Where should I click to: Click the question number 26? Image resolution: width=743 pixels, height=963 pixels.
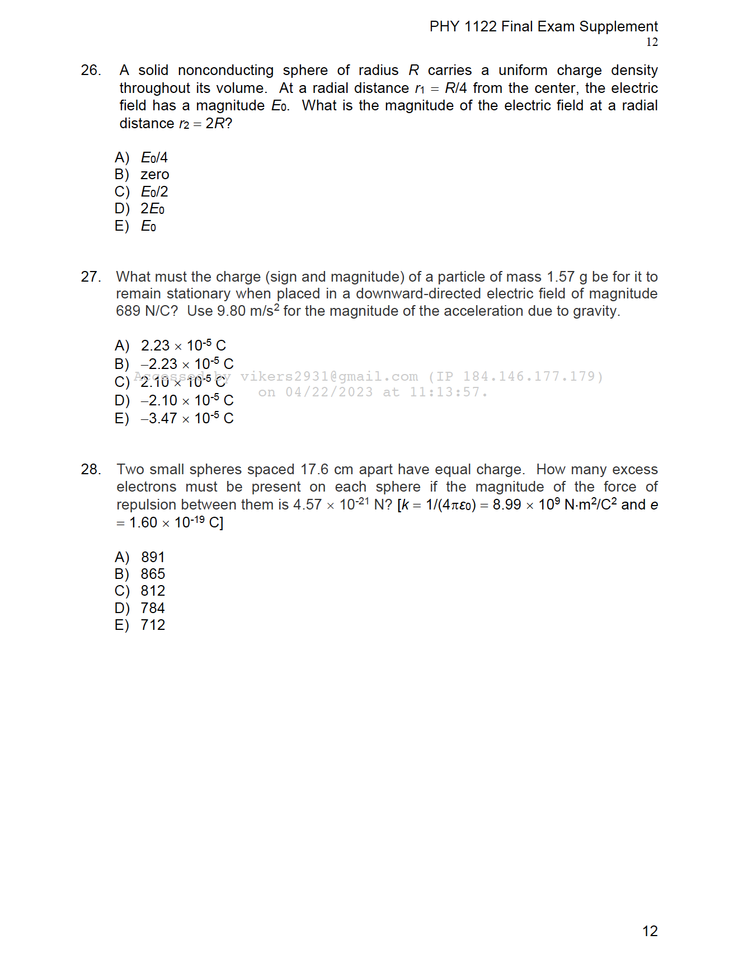91,71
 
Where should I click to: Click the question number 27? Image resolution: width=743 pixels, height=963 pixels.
91,277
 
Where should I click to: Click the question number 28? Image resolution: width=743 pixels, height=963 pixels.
91,469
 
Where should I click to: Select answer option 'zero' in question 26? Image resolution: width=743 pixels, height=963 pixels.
154,175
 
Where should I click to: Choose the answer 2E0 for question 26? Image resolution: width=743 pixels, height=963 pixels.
152,209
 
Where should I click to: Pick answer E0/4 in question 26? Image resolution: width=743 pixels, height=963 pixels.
154,158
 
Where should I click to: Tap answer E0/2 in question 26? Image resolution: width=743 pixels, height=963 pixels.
154,192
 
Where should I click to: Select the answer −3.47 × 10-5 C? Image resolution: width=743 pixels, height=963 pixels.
187,418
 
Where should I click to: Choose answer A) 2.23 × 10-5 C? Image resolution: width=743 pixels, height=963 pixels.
183,345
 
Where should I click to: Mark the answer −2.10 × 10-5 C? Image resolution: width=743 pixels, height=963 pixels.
187,400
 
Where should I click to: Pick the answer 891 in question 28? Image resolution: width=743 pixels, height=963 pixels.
153,557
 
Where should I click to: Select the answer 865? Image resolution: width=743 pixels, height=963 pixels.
153,574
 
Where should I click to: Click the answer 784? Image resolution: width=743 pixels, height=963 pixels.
153,608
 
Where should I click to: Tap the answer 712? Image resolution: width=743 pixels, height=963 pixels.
153,625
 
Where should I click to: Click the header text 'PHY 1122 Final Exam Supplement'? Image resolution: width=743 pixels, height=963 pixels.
543,26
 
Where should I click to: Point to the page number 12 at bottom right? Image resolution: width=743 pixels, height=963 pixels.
650,931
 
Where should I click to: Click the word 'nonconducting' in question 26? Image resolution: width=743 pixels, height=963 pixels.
225,71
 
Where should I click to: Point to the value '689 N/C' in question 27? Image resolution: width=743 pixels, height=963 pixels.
142,311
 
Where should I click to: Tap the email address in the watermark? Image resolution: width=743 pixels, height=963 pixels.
329,376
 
